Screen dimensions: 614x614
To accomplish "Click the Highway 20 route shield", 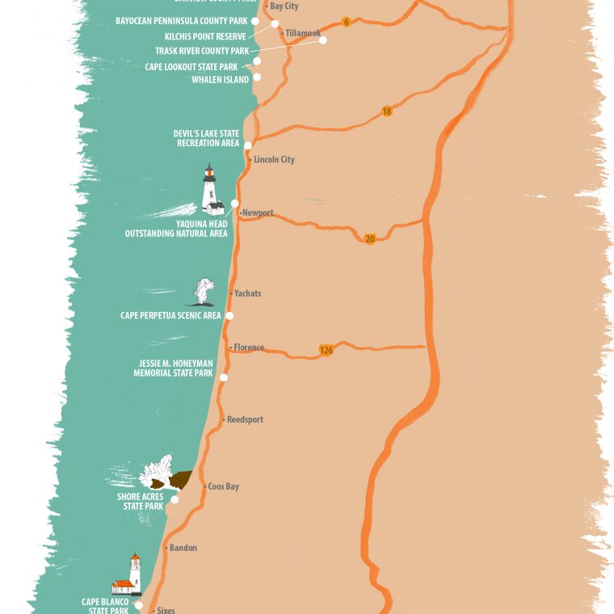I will pyautogui.click(x=370, y=238).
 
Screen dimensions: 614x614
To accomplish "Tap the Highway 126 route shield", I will pyautogui.click(x=326, y=351).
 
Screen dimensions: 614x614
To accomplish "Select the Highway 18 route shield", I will pyautogui.click(x=387, y=111).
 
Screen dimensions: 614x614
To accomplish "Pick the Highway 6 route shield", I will pyautogui.click(x=346, y=22).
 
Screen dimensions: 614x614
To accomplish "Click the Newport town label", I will pyautogui.click(x=258, y=213).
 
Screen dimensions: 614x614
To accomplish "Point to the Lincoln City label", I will pyautogui.click(x=274, y=160).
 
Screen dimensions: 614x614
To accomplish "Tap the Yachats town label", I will pyautogui.click(x=247, y=294).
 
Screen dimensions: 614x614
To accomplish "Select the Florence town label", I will pyautogui.click(x=249, y=348).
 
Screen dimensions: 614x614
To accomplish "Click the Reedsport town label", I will pyautogui.click(x=245, y=420).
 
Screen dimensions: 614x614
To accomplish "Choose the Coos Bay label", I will pyautogui.click(x=223, y=487).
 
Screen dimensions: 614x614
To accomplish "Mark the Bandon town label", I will pyautogui.click(x=183, y=549).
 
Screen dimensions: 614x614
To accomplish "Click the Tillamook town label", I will pyautogui.click(x=303, y=34).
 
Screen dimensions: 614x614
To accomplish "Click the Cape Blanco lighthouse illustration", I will pyautogui.click(x=129, y=575).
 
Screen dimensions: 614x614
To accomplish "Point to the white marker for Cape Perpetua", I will pyautogui.click(x=229, y=316).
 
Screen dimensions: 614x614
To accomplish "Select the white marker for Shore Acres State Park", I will pyautogui.click(x=175, y=499).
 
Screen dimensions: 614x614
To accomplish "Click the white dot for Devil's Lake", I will pyautogui.click(x=248, y=145).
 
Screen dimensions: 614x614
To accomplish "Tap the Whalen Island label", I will pyautogui.click(x=220, y=80).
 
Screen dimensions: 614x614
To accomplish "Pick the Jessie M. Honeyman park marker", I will pyautogui.click(x=224, y=377).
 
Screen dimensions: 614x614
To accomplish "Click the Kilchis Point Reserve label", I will pyautogui.click(x=205, y=36).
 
